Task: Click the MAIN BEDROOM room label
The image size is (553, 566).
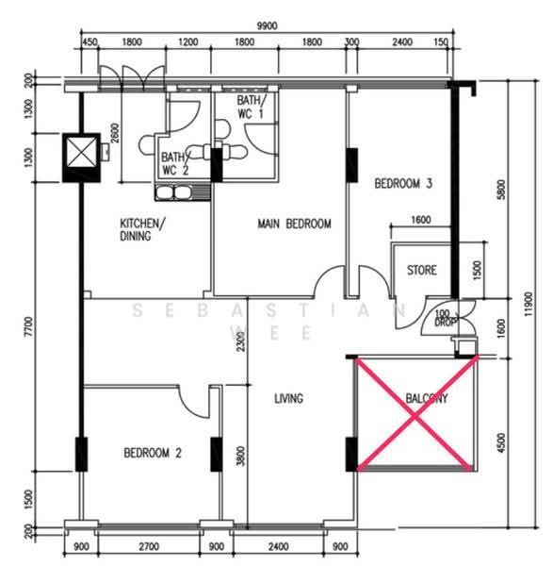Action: (x=294, y=224)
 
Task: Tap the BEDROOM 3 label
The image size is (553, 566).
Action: (x=403, y=183)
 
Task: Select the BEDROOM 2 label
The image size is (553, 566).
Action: (x=152, y=453)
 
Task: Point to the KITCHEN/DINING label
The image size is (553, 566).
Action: (x=142, y=229)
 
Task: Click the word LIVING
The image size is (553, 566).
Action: (x=288, y=398)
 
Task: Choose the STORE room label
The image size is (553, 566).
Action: (x=421, y=270)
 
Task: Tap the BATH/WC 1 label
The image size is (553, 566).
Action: (x=252, y=107)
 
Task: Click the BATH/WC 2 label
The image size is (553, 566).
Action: (x=175, y=163)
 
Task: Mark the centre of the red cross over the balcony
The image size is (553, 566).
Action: (x=415, y=417)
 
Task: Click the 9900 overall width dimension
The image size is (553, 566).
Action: (x=268, y=25)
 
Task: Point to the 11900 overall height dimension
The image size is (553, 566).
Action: (x=529, y=304)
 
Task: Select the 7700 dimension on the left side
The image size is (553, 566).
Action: (x=29, y=326)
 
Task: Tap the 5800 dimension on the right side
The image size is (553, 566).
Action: (x=501, y=190)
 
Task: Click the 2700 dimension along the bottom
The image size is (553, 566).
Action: (x=149, y=546)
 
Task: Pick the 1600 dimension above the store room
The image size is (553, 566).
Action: (x=421, y=220)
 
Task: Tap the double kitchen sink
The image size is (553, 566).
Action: (x=173, y=192)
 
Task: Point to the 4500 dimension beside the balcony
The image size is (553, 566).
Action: (x=501, y=442)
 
